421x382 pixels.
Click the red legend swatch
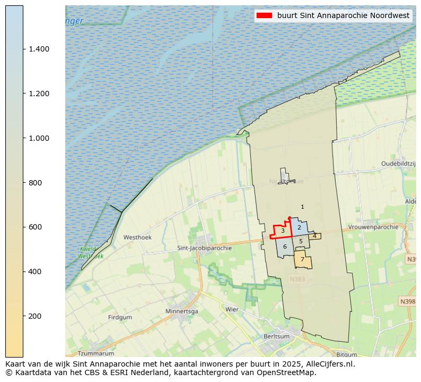coord(264,15)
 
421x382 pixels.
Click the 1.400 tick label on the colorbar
coord(39,49)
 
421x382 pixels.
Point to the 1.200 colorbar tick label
coord(39,94)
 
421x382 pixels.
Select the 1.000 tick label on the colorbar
coord(39,138)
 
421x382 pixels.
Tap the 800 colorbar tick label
coord(35,183)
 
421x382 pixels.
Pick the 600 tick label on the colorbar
coord(35,227)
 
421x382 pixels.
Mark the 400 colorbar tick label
coord(35,271)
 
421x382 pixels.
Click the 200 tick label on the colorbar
coord(35,316)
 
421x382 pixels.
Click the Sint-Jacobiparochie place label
coord(204,248)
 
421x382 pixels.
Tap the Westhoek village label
coord(137,237)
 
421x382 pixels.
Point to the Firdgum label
coord(120,317)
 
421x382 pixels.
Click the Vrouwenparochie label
coord(373,227)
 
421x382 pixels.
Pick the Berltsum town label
coord(277,336)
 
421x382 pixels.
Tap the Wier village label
coord(232,309)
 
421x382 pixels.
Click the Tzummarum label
coord(96,353)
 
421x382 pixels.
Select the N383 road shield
coord(298,278)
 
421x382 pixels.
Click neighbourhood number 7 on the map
coord(302,260)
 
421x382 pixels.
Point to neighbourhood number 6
coord(285,247)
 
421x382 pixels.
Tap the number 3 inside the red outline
coord(283,231)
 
